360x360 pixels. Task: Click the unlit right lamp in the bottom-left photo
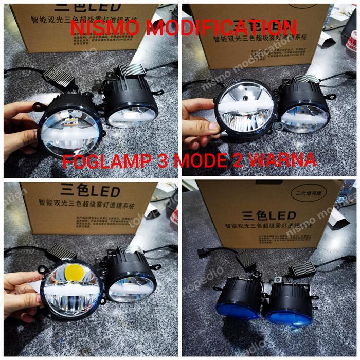click(x=131, y=280)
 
